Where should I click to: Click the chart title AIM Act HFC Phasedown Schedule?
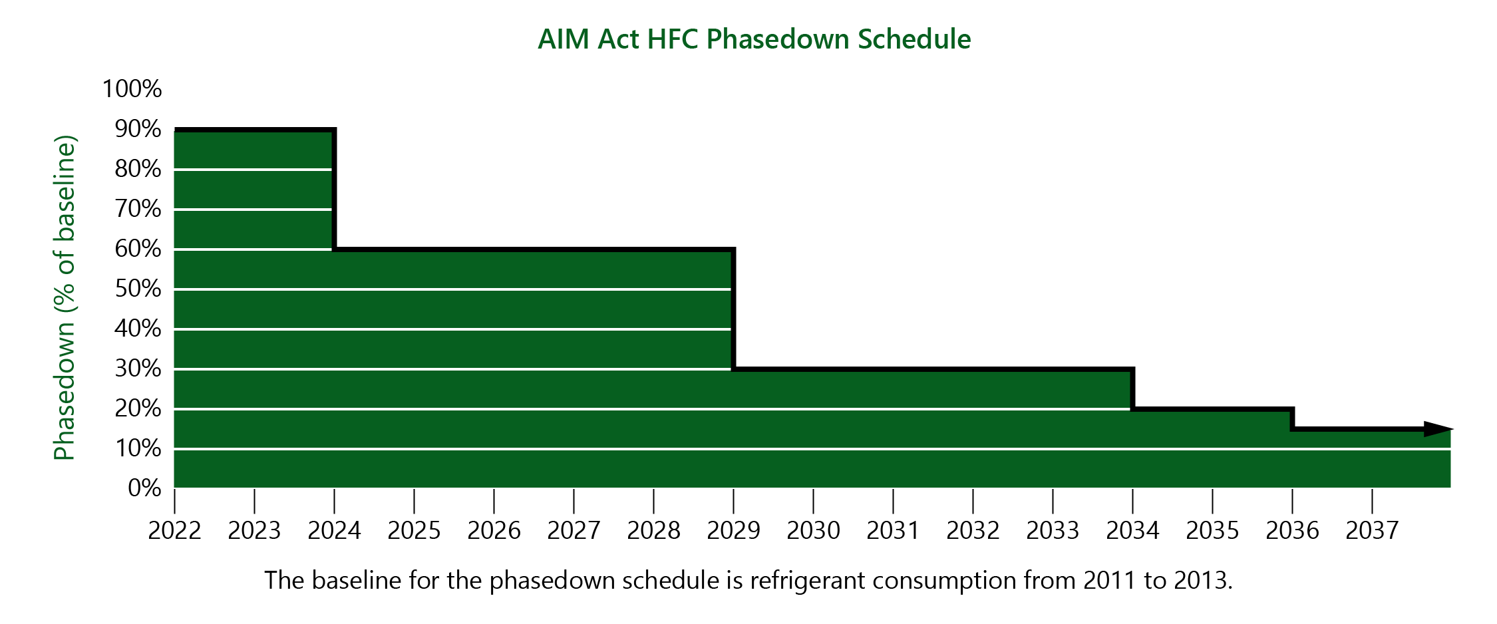coord(754,39)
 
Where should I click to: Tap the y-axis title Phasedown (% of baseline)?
coord(65,297)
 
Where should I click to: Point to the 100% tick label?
coord(132,88)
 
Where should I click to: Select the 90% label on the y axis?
coord(138,129)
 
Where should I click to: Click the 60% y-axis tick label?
coord(138,249)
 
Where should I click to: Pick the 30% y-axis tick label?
coord(138,369)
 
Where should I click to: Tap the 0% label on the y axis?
coord(144,488)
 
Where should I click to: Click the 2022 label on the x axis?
coord(174,531)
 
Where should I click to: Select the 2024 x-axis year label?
coord(334,531)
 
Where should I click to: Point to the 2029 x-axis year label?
coord(733,531)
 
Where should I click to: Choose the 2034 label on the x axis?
coord(1132,531)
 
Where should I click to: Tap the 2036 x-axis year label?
coord(1292,531)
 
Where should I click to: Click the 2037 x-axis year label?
coord(1372,531)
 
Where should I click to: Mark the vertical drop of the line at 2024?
coord(334,190)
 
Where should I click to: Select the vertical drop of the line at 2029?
coord(733,309)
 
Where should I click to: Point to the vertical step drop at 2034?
coord(1132,389)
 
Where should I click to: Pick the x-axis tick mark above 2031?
coord(893,500)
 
